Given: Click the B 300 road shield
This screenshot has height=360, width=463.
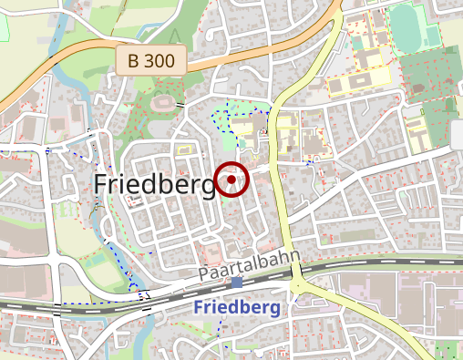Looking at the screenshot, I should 151,62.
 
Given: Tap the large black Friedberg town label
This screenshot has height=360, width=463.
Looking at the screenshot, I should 155,184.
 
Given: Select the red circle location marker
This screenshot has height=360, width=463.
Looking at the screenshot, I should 232,180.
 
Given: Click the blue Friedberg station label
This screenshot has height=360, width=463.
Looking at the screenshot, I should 237,307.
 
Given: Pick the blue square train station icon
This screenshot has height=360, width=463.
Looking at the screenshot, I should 237,283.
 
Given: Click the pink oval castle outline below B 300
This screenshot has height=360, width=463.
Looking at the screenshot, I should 163,103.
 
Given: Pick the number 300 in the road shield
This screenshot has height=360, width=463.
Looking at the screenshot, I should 160,62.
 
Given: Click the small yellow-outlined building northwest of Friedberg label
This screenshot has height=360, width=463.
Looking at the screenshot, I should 183,145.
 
